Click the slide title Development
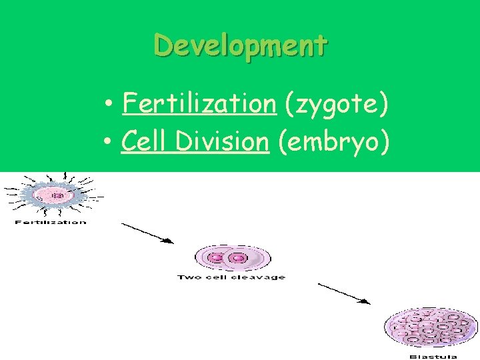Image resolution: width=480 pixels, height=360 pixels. [241, 46]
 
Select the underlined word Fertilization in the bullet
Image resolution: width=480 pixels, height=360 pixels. [199, 104]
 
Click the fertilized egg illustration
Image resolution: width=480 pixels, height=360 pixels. [53, 195]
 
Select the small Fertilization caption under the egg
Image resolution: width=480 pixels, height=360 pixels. [51, 222]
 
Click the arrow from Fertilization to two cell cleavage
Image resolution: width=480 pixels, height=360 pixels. [147, 234]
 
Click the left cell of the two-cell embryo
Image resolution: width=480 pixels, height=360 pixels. [217, 258]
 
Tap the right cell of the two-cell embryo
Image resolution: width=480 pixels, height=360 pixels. [237, 258]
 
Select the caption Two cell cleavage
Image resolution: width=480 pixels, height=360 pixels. [231, 277]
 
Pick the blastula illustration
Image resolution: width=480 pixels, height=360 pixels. [432, 328]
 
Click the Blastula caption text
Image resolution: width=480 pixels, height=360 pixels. [433, 357]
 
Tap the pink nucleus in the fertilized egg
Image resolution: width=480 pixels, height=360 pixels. [57, 195]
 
